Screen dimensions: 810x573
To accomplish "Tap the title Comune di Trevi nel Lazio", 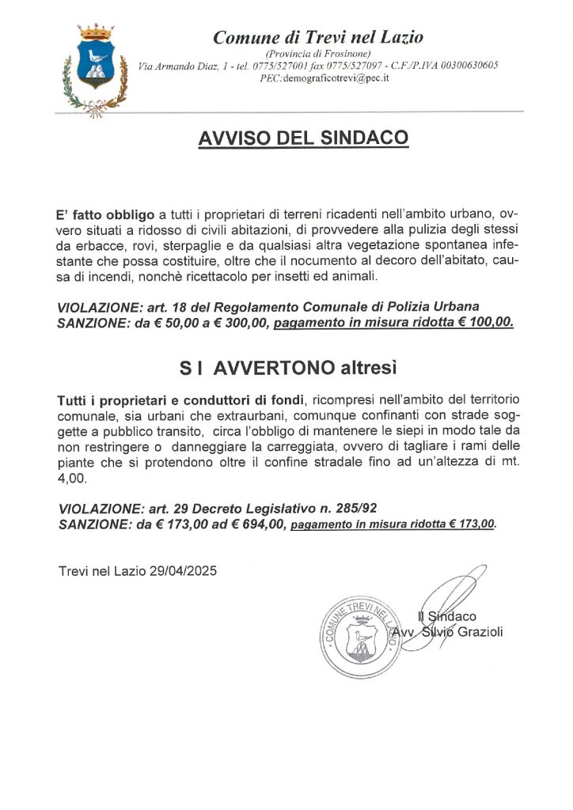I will pos(319,36).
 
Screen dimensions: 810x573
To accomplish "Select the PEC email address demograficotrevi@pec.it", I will pos(343,78).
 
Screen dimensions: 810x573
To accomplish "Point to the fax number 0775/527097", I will pos(351,65).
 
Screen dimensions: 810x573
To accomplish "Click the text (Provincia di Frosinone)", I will pos(320,52).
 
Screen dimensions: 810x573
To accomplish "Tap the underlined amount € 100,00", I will pos(484,322).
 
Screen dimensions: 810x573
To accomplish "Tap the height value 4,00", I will pos(73,479).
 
